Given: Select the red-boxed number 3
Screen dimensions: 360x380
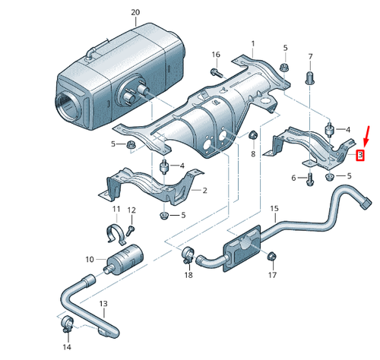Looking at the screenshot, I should tap(361, 156).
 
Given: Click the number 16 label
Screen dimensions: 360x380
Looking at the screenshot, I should tap(215, 55).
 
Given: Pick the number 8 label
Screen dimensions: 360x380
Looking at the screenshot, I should tap(253, 153).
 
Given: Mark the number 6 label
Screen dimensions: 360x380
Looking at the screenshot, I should tap(294, 178).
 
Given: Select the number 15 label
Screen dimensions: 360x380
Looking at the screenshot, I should tap(274, 208).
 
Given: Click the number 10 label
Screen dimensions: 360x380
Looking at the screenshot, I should tap(90, 260).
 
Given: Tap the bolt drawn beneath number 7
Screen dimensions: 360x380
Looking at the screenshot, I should tap(310, 77).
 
